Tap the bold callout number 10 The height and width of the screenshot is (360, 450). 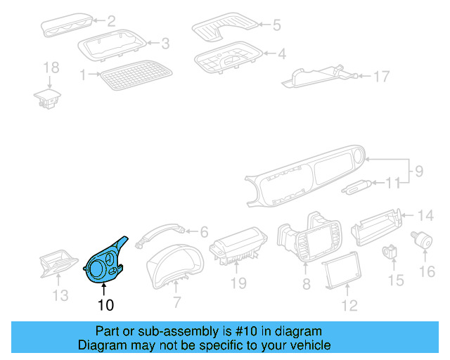coord(105,305)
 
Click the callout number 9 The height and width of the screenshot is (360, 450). coord(418,169)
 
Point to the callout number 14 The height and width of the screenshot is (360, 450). coord(426,215)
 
